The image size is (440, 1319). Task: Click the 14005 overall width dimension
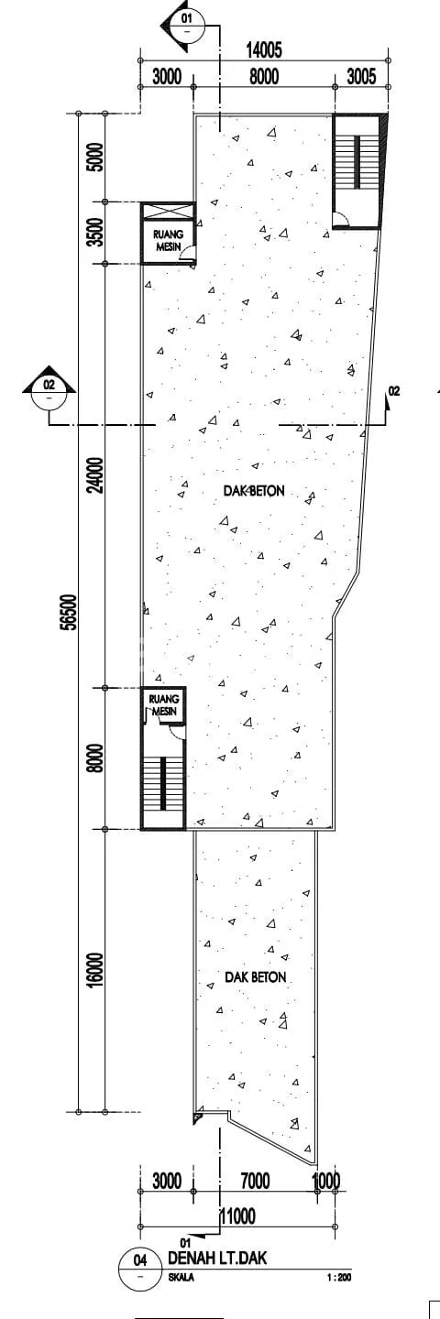(x=264, y=50)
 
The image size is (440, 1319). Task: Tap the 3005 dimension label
(x=361, y=77)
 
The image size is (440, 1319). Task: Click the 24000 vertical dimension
(x=96, y=475)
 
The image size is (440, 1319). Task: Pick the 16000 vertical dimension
(x=96, y=969)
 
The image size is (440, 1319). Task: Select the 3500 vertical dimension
(x=96, y=232)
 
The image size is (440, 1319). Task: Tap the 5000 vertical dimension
(x=96, y=157)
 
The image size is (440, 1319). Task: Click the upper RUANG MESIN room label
(x=169, y=240)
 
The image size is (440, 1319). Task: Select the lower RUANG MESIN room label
(x=163, y=705)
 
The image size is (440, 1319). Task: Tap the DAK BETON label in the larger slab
(x=254, y=491)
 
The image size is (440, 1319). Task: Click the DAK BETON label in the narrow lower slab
(x=255, y=976)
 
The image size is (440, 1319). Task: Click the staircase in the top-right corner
(x=357, y=162)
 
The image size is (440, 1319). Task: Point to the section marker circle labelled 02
(x=49, y=395)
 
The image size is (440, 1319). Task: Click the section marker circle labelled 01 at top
(x=187, y=26)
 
